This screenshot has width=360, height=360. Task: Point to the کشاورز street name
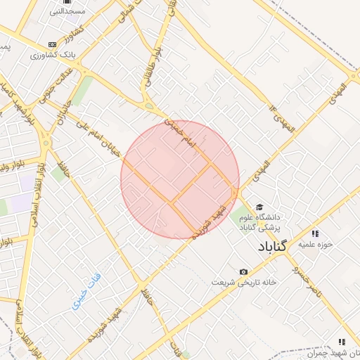(71, 32)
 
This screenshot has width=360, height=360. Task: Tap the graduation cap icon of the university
(259, 207)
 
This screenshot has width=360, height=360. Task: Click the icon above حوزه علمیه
(315, 233)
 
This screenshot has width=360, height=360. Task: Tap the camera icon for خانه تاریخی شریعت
(243, 271)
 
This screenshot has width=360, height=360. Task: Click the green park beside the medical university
(240, 215)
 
